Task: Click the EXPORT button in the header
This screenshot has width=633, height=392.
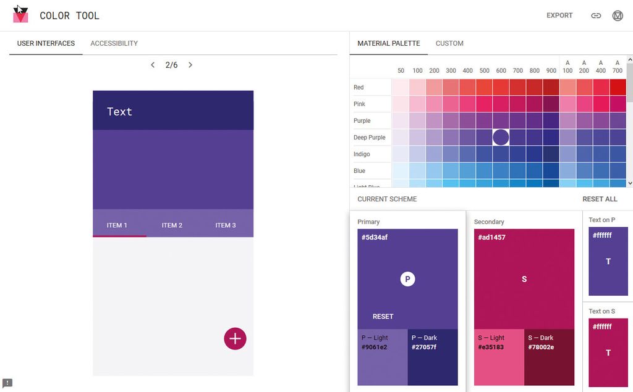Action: click(559, 15)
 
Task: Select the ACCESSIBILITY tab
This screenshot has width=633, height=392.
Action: click(114, 43)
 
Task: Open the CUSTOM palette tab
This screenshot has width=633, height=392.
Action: click(449, 43)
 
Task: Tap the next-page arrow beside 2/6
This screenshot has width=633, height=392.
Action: click(190, 65)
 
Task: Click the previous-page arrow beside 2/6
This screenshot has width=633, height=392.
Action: click(153, 65)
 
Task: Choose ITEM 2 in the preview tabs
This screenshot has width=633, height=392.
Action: click(172, 225)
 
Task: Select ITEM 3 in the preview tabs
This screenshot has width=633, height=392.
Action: click(226, 225)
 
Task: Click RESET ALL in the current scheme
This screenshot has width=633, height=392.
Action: click(600, 199)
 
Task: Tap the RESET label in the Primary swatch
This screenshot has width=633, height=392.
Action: click(383, 316)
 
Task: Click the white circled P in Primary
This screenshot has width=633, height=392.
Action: click(407, 279)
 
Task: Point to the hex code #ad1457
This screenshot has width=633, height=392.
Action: click(492, 237)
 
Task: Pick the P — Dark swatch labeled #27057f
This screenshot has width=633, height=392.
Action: click(433, 357)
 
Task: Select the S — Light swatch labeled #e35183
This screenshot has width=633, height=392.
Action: click(499, 357)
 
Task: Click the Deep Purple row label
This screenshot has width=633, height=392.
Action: click(369, 138)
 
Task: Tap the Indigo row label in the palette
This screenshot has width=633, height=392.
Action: click(362, 154)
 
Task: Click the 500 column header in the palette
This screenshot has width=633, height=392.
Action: click(485, 71)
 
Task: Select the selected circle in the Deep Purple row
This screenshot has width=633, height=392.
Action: click(501, 137)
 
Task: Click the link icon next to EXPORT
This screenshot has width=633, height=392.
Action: click(596, 15)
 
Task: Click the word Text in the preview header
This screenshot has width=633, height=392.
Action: click(119, 112)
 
